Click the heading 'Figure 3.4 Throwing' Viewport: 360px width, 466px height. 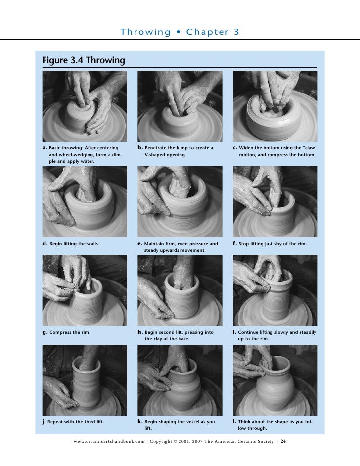pos(84,61)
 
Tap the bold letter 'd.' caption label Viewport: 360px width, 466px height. pos(45,244)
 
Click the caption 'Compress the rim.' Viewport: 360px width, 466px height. pos(70,332)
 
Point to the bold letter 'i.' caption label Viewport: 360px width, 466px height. pos(235,332)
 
